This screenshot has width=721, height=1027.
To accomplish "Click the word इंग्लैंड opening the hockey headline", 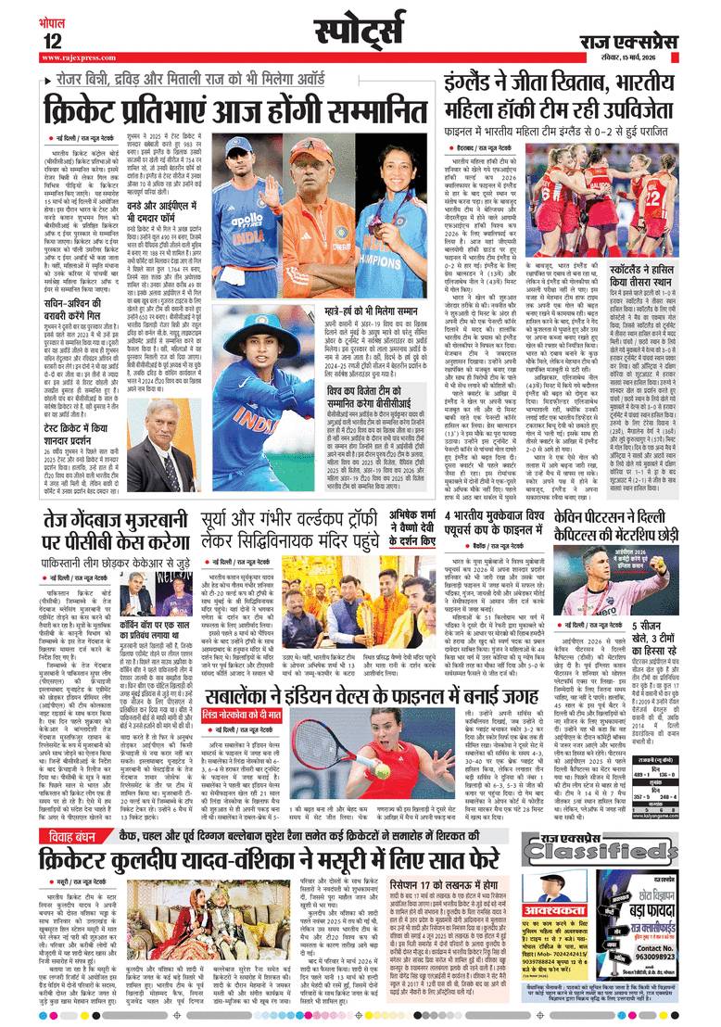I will (477, 82).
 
